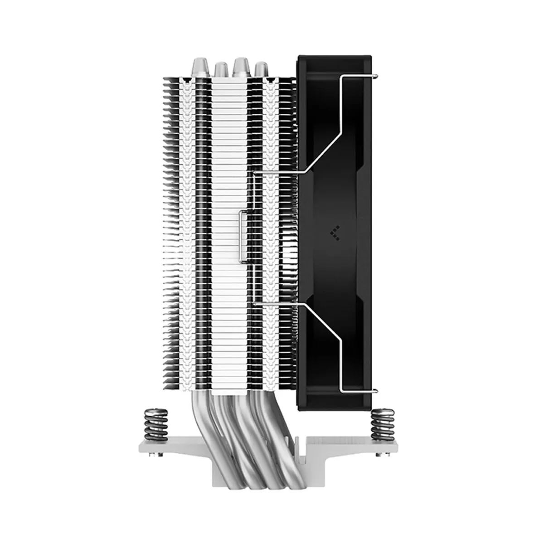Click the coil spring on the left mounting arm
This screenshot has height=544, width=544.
tap(156, 424)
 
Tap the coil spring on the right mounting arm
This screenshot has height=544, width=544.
tap(383, 424)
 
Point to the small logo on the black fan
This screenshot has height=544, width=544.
tap(335, 233)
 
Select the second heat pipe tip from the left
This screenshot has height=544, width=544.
tap(221, 70)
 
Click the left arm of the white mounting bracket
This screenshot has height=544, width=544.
tap(175, 447)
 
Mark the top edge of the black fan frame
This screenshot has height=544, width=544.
tap(335, 57)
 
